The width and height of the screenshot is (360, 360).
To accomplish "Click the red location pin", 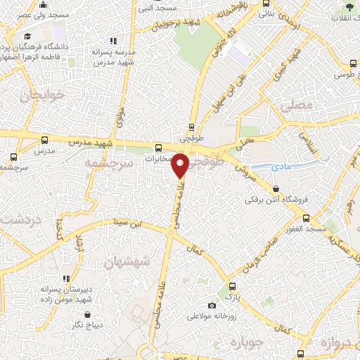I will tap(181, 166).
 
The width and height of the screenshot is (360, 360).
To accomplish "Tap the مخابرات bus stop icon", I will tap(158, 148).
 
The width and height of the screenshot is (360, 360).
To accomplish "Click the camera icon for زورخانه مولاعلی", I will tap(212, 305).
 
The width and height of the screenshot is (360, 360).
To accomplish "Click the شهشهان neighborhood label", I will tap(127, 262).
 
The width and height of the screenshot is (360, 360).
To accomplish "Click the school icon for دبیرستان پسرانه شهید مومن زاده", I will tap(66, 278).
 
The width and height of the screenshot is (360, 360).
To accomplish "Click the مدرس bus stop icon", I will tap(45, 140).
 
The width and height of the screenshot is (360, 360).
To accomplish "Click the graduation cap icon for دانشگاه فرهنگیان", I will tap(27, 36).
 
